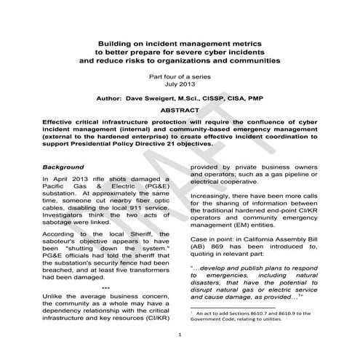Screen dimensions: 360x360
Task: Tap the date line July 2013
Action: point(179,84)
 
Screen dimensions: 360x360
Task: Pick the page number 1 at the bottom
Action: point(179,335)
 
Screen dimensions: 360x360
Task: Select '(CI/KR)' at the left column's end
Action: point(158,297)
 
